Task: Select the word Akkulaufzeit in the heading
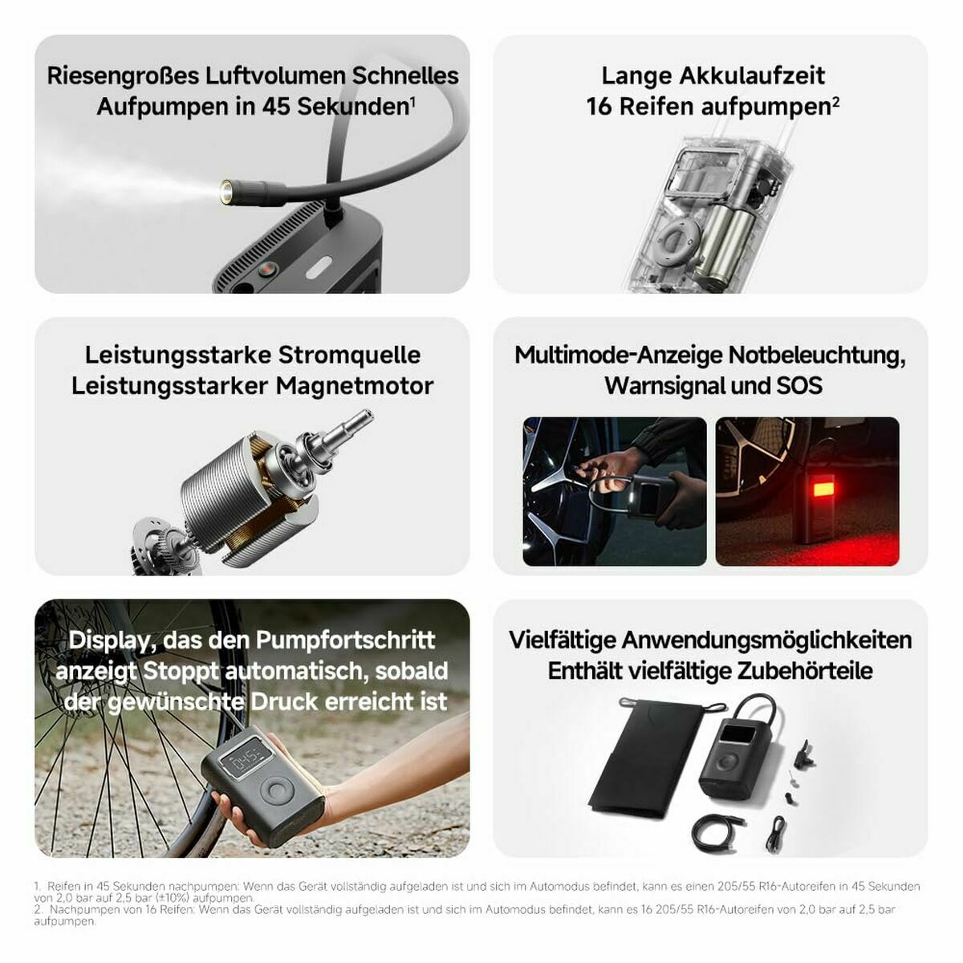[752, 75]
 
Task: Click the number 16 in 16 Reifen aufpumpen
[599, 107]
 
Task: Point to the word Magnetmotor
[355, 386]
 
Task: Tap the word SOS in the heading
[798, 386]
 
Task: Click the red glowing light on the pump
[823, 486]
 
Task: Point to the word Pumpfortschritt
[345, 640]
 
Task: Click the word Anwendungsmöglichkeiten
[766, 640]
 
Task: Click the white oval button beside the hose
[319, 267]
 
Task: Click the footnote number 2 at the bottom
[38, 909]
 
